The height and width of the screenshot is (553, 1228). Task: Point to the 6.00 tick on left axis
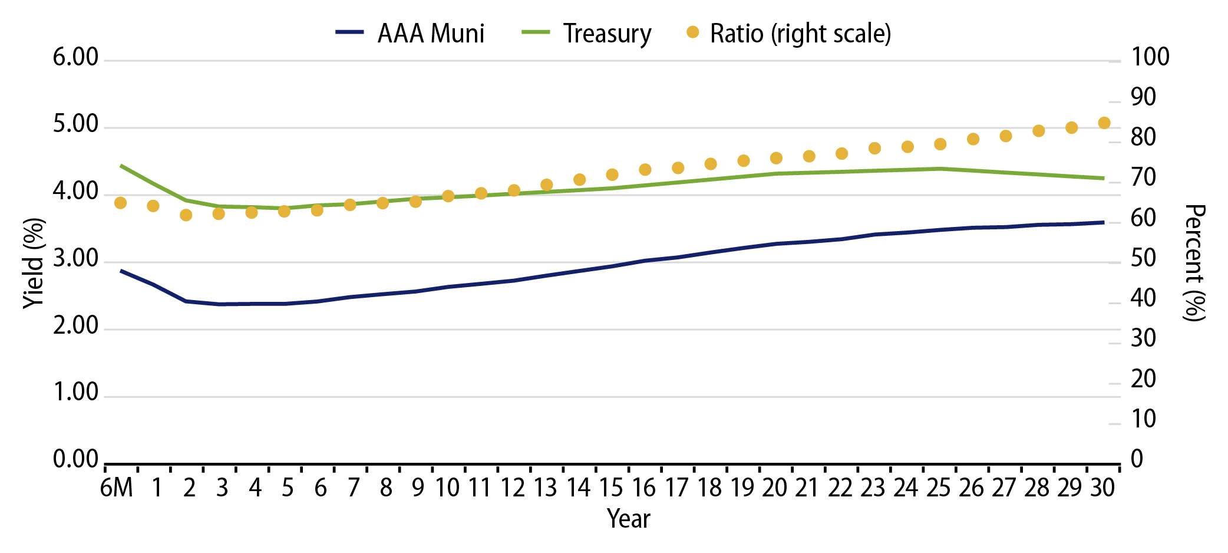click(x=75, y=58)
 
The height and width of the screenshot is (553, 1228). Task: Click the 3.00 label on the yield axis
click(x=75, y=259)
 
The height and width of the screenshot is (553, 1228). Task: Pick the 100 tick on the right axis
click(x=1150, y=58)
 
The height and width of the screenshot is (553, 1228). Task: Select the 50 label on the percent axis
click(x=1143, y=259)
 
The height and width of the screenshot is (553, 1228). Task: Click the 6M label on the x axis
click(x=117, y=488)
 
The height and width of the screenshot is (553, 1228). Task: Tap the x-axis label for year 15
click(x=611, y=488)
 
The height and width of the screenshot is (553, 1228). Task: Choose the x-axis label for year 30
click(x=1102, y=488)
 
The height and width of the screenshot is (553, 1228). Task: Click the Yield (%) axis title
click(x=34, y=263)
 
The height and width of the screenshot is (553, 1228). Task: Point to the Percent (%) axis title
click(x=1194, y=263)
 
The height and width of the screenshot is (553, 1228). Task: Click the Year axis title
click(x=628, y=519)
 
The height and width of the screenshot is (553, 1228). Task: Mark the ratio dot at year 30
click(x=1104, y=123)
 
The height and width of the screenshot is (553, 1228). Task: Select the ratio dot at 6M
click(x=120, y=203)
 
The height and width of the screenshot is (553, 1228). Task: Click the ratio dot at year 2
click(x=186, y=215)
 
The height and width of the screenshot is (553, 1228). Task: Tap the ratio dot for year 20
click(x=776, y=158)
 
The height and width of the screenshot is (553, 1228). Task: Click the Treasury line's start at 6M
click(x=121, y=166)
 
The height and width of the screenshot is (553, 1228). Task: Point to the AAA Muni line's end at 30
click(x=1104, y=222)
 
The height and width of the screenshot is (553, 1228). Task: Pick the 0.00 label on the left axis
click(x=75, y=459)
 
